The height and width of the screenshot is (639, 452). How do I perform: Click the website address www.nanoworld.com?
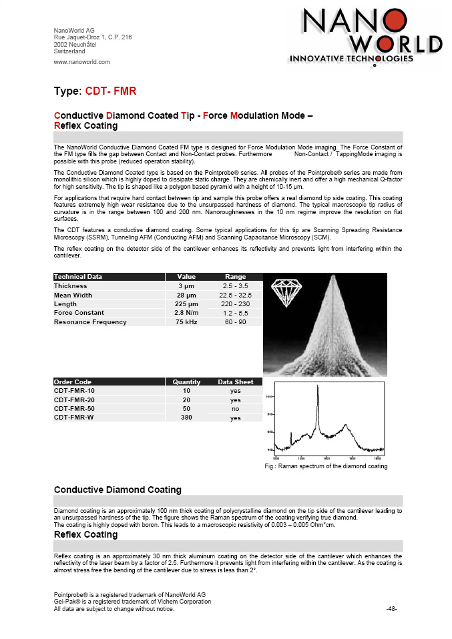coord(81,62)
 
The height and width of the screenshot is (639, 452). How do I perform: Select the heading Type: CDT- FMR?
coord(95,91)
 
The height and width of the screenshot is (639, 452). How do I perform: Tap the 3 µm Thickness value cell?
coord(186,285)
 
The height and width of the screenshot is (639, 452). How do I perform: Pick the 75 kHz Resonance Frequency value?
coord(186,322)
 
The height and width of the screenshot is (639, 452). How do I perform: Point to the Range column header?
coord(235,276)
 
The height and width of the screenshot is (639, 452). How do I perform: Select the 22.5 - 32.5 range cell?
coord(235,295)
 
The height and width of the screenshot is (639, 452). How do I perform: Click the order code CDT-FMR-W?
coord(74,418)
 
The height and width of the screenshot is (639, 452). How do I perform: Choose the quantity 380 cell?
coord(186,418)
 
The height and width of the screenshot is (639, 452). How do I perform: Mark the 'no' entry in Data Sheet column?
coord(235,408)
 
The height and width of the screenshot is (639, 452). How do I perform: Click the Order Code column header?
coord(73,382)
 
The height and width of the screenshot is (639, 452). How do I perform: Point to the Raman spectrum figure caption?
coord(326,466)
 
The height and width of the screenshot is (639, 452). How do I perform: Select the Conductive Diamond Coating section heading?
coord(117,490)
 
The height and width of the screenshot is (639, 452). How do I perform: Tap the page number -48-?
coord(392,608)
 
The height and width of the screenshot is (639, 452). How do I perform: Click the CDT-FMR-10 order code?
coord(74,390)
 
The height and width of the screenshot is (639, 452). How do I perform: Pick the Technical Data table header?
coord(78,276)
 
